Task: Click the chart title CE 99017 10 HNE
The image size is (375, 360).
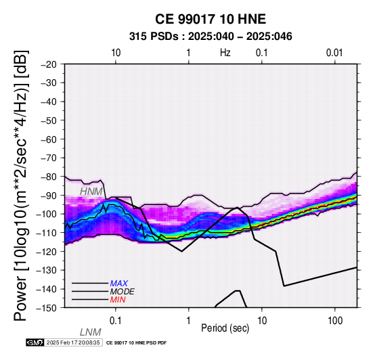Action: pyautogui.click(x=211, y=19)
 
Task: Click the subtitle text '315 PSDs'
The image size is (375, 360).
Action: pyautogui.click(x=154, y=37)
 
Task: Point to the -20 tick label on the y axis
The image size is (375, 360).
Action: pyautogui.click(x=49, y=64)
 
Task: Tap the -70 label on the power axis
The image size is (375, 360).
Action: pyautogui.click(x=49, y=158)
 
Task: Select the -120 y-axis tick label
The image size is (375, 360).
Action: pyautogui.click(x=47, y=252)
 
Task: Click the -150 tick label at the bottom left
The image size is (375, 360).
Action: pyautogui.click(x=47, y=308)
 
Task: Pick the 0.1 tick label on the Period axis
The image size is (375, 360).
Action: pyautogui.click(x=116, y=321)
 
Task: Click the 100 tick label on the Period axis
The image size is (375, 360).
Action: pyautogui.click(x=335, y=321)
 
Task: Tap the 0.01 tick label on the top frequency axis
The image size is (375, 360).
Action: pyautogui.click(x=334, y=53)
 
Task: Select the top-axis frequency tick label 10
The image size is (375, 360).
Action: pyautogui.click(x=116, y=53)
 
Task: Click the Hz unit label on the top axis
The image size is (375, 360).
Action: pyautogui.click(x=225, y=53)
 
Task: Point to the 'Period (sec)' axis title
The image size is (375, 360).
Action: pyautogui.click(x=225, y=328)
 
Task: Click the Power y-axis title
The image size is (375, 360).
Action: pyautogui.click(x=21, y=185)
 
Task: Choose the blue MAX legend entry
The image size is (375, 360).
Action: pyautogui.click(x=119, y=284)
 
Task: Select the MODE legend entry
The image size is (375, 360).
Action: pyautogui.click(x=123, y=292)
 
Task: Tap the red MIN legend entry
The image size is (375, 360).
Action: pyautogui.click(x=118, y=300)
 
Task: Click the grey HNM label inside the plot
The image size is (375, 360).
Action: pyautogui.click(x=91, y=192)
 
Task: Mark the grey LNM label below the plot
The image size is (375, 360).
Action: pyautogui.click(x=91, y=332)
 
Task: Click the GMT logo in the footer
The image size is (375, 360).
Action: pyautogui.click(x=35, y=343)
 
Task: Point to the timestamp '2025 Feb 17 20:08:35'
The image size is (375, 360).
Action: pyautogui.click(x=73, y=343)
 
